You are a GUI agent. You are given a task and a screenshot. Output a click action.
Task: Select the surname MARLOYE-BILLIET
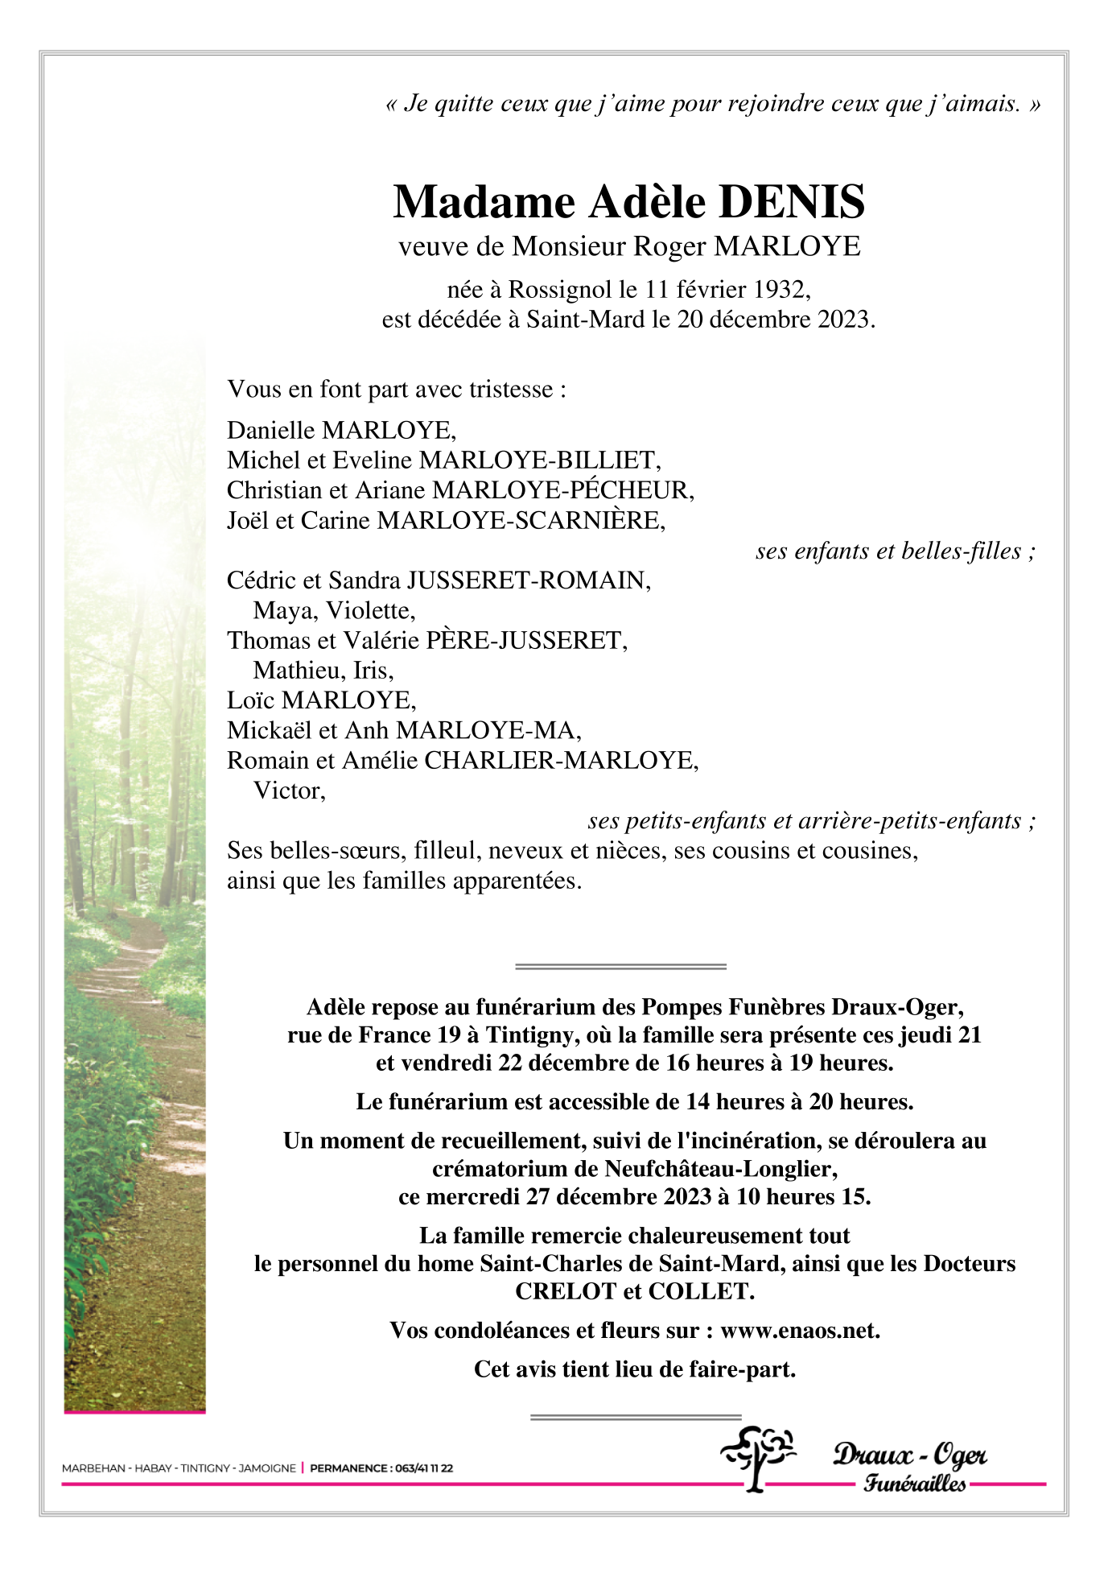click(539, 460)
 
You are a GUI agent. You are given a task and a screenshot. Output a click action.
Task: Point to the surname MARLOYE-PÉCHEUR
click(562, 490)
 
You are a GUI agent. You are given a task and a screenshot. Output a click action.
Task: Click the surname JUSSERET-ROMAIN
click(528, 580)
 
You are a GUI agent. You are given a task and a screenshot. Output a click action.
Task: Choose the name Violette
click(370, 611)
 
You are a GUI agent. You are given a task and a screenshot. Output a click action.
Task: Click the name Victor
click(288, 791)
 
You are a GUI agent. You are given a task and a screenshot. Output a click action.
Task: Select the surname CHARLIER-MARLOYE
click(560, 761)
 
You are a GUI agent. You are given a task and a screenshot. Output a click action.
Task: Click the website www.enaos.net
click(799, 1331)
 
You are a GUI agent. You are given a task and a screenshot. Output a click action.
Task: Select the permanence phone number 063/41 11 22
click(422, 1468)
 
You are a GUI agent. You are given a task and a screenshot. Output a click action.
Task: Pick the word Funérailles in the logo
click(914, 1483)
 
